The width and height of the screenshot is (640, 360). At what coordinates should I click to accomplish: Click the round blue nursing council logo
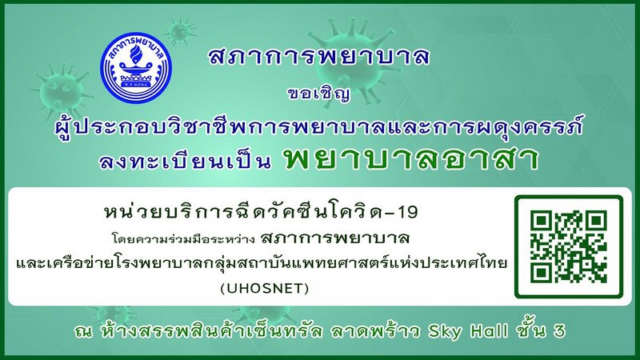(x=136, y=68)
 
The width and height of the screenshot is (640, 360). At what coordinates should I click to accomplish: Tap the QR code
(x=569, y=246)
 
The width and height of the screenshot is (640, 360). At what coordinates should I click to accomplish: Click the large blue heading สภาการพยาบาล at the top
(x=318, y=56)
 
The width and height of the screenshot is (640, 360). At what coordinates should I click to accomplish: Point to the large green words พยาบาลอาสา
(x=412, y=158)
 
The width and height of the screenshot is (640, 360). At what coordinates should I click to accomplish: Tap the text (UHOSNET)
(x=265, y=289)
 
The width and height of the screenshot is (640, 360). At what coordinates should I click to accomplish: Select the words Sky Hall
(x=468, y=330)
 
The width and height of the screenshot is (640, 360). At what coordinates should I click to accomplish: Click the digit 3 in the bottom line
(x=559, y=331)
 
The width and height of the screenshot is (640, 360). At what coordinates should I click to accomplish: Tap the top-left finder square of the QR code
(x=542, y=221)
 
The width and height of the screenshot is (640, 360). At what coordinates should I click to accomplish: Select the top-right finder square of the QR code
(x=596, y=221)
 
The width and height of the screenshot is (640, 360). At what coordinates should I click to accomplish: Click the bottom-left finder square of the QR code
(x=542, y=273)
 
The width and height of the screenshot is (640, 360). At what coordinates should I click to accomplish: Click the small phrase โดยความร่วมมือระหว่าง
(x=183, y=238)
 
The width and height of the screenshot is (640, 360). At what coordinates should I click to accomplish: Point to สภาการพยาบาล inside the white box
(x=335, y=237)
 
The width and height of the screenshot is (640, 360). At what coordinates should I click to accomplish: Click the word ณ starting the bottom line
(x=83, y=331)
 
